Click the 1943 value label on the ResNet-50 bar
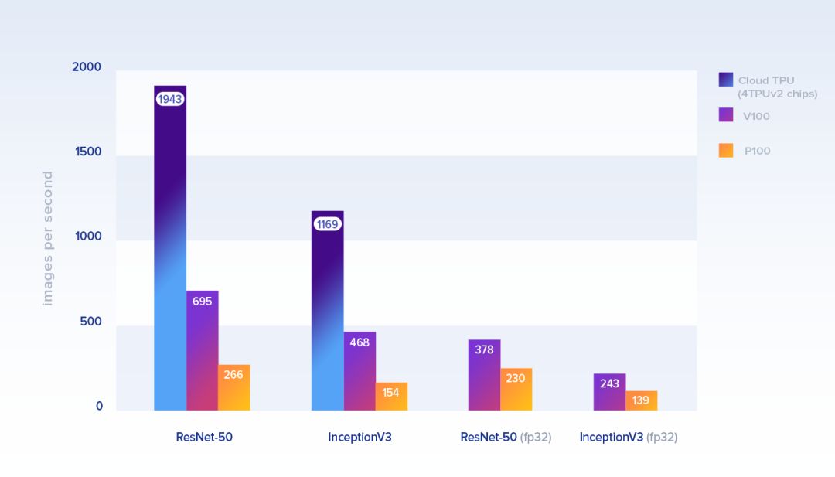pos(170,99)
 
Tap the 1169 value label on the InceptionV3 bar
pos(328,224)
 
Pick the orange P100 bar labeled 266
pos(233,387)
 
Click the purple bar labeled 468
pos(360,371)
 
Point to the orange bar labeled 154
pos(391,396)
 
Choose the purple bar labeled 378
pos(484,375)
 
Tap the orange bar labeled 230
pos(516,389)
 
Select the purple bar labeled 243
pos(609,392)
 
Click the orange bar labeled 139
pos(641,400)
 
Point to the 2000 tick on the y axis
pos(87,67)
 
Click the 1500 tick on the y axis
pos(88,152)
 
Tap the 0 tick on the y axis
pos(99,407)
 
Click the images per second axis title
pos(48,238)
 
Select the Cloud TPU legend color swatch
pos(726,80)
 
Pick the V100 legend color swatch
pos(726,114)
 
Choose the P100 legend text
pos(758,151)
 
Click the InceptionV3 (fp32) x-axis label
pos(628,437)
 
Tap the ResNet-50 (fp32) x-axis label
pos(506,437)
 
